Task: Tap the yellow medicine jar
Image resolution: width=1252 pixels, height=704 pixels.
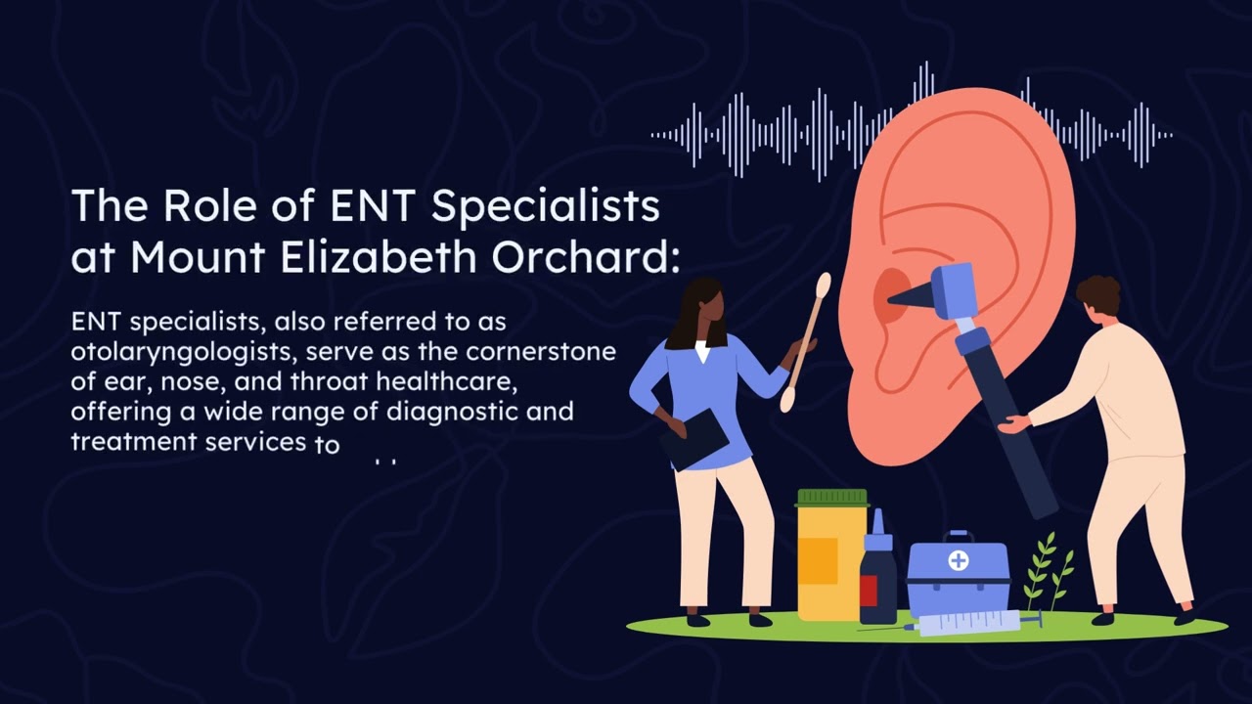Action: [831, 562]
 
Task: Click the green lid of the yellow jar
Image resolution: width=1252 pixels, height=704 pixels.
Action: [832, 497]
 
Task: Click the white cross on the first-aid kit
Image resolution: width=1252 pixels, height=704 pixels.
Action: [959, 560]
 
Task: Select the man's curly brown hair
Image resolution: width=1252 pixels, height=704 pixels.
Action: [1097, 293]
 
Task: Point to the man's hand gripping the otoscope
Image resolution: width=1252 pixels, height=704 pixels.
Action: [1012, 423]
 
